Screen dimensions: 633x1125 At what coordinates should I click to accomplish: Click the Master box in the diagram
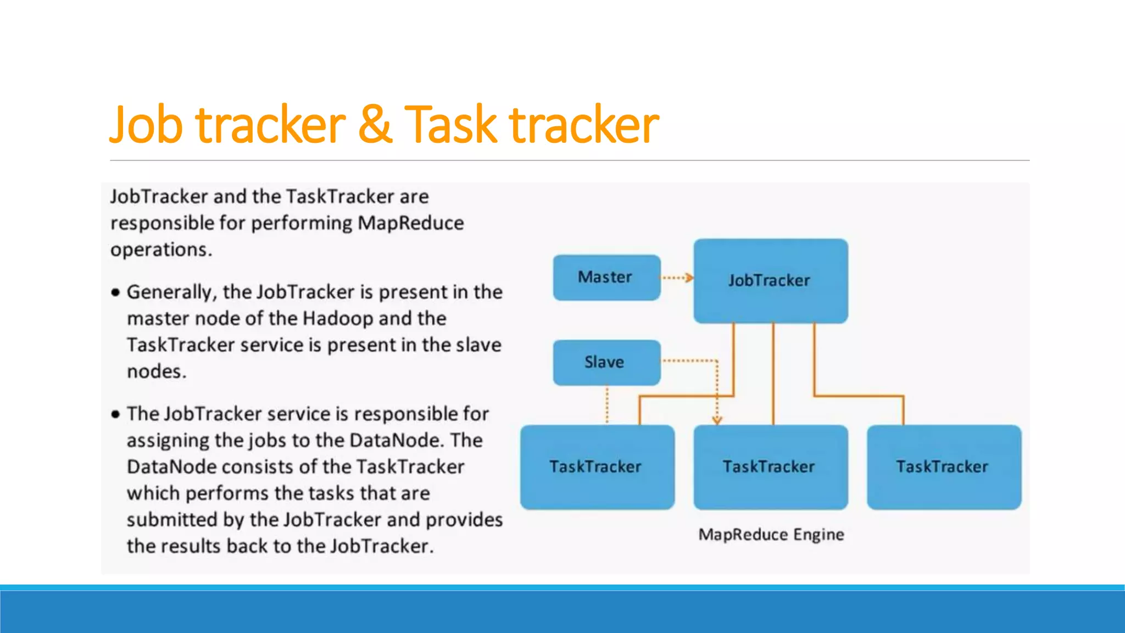click(x=606, y=277)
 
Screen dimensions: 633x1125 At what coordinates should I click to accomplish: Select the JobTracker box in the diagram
click(x=770, y=281)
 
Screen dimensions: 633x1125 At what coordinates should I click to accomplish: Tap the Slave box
click(x=606, y=362)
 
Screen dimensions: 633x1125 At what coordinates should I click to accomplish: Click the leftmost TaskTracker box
click(x=597, y=467)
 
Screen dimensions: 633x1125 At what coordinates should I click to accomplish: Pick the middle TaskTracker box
click(x=770, y=467)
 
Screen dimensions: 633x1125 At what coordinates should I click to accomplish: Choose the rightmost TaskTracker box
click(x=944, y=467)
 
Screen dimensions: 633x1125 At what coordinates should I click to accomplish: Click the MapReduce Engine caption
click(x=771, y=535)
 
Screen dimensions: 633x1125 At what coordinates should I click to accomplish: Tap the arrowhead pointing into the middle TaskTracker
click(x=717, y=420)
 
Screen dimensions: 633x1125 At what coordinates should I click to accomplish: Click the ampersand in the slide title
click(x=375, y=125)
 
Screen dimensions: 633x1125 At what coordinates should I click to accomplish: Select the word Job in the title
click(x=146, y=125)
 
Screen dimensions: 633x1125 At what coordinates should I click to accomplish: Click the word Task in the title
click(x=450, y=125)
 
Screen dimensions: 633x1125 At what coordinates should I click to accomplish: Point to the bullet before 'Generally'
click(x=115, y=292)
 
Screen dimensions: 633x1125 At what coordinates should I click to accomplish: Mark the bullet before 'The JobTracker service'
click(x=115, y=414)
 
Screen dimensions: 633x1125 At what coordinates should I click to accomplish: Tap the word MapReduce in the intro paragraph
click(x=410, y=223)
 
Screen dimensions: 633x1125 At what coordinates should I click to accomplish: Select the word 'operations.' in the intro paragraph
click(x=161, y=250)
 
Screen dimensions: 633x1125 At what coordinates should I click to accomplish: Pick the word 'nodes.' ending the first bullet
click(x=157, y=372)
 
